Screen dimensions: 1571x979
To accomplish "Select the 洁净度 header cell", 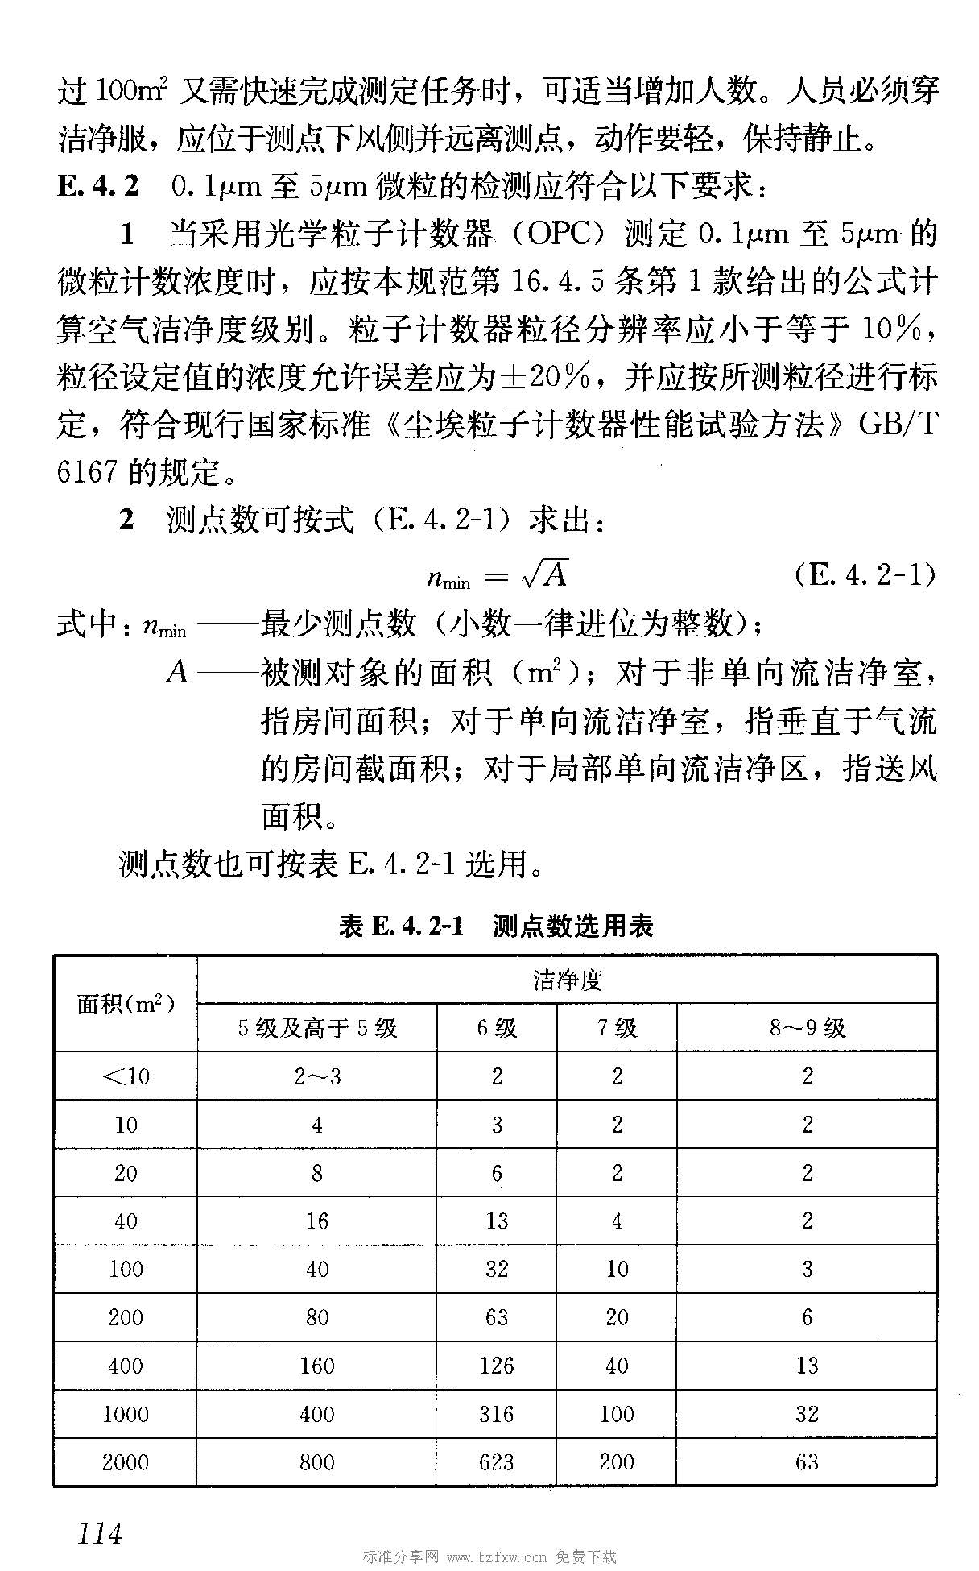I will [x=567, y=980].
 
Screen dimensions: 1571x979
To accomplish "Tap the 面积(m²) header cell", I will [x=126, y=1004].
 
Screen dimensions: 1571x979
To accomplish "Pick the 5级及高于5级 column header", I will [x=317, y=1028].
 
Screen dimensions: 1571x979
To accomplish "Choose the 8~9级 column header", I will [x=807, y=1028].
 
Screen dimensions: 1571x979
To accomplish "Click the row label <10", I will [x=126, y=1076].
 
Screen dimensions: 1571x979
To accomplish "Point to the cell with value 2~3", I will [x=317, y=1076].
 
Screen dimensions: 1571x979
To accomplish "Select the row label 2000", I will [x=126, y=1462].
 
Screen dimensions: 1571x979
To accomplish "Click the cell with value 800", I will [x=317, y=1462].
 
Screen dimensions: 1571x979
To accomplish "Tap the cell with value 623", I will [x=497, y=1462].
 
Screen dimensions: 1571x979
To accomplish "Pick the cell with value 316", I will [x=497, y=1414].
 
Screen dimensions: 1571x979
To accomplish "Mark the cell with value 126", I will [x=497, y=1366].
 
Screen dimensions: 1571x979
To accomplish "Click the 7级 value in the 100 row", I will [x=617, y=1269].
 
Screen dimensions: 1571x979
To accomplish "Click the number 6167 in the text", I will [x=88, y=472].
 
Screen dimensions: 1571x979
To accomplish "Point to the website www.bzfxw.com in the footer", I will [x=497, y=1557].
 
